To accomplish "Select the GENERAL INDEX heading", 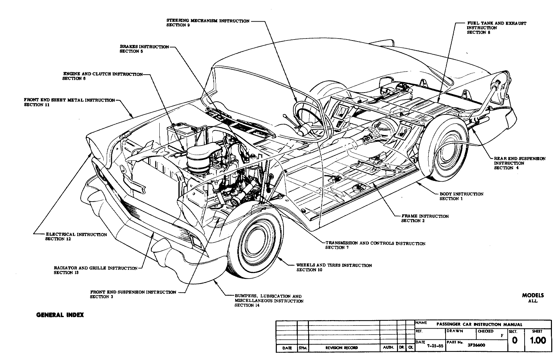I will pos(60,315).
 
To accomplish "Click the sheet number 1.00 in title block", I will pos(538,340).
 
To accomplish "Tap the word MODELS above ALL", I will pos(533,295).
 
